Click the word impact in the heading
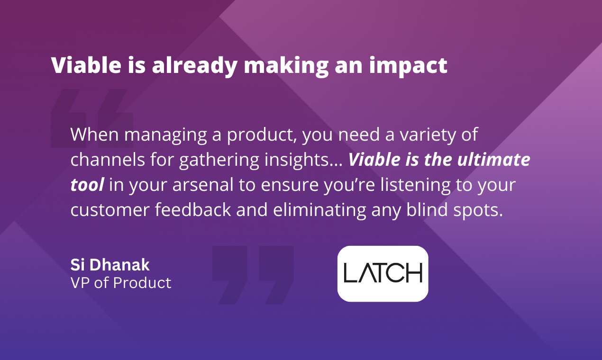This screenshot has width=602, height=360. click(408, 66)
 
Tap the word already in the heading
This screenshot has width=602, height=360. click(194, 66)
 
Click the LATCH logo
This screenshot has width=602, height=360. click(383, 273)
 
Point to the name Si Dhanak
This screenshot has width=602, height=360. click(110, 265)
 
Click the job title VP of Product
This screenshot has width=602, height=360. click(121, 283)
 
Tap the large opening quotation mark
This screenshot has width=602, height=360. click(92, 118)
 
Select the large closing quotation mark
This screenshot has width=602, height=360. click(253, 275)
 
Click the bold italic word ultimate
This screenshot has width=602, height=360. click(494, 159)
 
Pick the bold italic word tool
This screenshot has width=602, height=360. click(87, 185)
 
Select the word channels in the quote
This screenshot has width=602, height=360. click(108, 160)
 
